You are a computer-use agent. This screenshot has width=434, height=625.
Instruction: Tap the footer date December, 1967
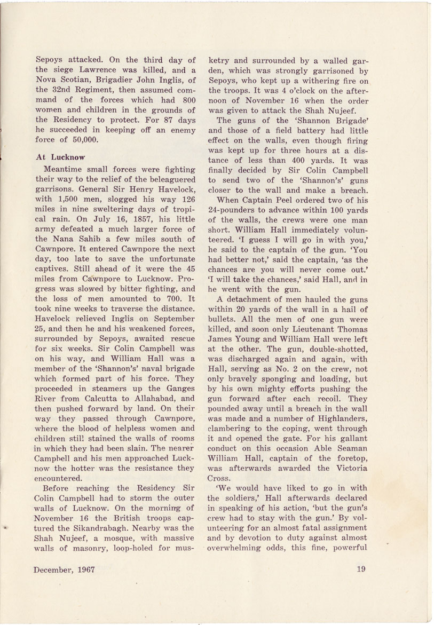point(64,569)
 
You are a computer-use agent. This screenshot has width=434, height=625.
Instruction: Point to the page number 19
point(361,568)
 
